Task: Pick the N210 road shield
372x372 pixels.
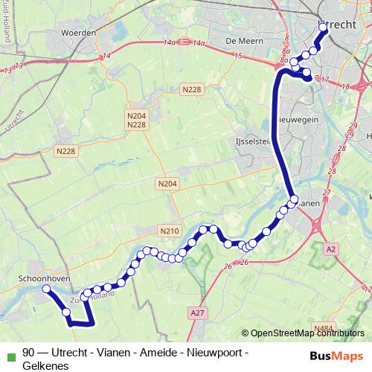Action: (169, 231)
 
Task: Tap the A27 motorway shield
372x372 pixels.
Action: (198, 313)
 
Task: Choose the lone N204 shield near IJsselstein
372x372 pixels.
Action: (167, 182)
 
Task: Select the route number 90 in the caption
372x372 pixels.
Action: (29, 353)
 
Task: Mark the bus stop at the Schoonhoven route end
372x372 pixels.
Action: (46, 289)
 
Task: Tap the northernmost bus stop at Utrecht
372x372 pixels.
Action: (323, 27)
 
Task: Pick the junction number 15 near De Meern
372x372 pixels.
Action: (237, 56)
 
